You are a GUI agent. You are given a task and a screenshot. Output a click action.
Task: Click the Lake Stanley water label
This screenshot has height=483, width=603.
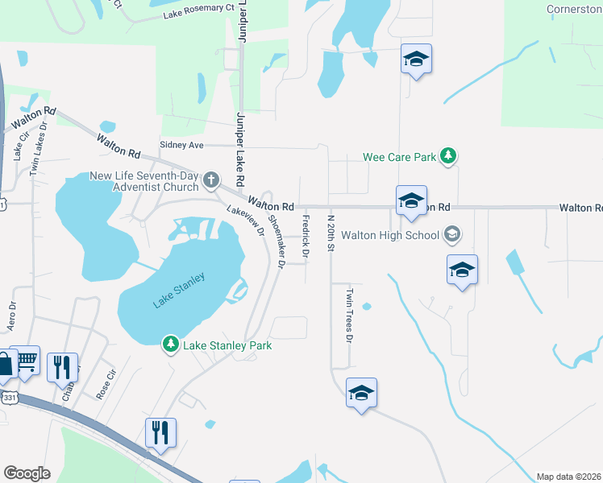click(x=178, y=291)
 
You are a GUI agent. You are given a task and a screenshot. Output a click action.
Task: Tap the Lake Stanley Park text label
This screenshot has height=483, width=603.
click(x=227, y=345)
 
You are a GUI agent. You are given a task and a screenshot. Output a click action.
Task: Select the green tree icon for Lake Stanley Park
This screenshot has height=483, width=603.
click(x=171, y=345)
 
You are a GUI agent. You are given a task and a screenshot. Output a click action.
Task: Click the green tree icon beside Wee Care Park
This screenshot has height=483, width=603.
click(x=449, y=157)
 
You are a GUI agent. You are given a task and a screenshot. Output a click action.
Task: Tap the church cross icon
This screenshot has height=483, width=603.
click(x=211, y=180)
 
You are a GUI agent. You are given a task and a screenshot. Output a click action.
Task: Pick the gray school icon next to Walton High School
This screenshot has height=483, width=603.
click(x=452, y=234)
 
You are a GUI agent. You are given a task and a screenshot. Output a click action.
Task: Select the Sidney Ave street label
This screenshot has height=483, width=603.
click(x=182, y=145)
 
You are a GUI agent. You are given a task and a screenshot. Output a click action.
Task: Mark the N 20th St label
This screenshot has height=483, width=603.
click(x=330, y=233)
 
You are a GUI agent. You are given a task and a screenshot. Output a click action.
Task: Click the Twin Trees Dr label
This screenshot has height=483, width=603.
click(x=349, y=316)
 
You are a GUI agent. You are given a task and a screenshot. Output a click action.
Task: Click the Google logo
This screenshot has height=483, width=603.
click(x=27, y=473)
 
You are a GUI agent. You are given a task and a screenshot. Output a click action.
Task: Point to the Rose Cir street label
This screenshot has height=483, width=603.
click(x=106, y=380)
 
